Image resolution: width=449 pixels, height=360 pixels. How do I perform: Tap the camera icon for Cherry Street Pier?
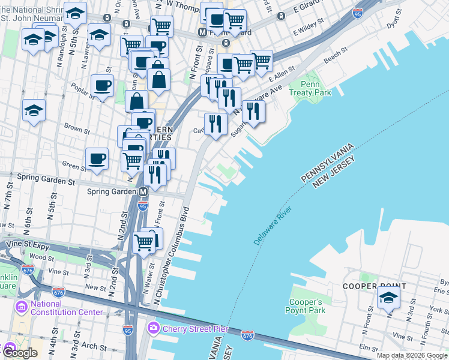(x=153, y=328)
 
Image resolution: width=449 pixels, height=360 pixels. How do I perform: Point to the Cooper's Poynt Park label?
(x=307, y=306)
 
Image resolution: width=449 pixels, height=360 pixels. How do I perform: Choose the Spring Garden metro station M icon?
(x=143, y=192)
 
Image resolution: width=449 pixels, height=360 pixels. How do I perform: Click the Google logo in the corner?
(x=19, y=353)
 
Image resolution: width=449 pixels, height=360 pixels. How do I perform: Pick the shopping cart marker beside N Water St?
(x=144, y=242)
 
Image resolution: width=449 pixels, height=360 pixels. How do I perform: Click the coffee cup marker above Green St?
(x=97, y=159)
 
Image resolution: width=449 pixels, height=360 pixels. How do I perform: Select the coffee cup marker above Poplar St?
(x=102, y=85)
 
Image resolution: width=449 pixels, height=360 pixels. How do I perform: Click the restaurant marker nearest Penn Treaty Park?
(x=253, y=111)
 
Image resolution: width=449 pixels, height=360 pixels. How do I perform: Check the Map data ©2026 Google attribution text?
(x=412, y=355)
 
